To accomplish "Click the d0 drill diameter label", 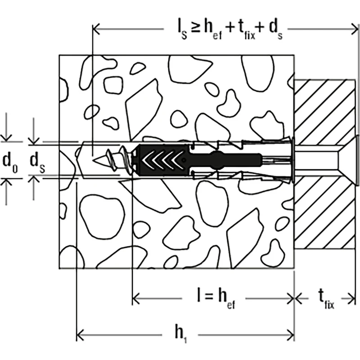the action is tap(10, 161).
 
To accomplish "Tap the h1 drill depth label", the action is tap(181, 334).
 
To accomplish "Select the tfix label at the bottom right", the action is tap(326, 298).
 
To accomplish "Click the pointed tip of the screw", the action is tap(94, 160).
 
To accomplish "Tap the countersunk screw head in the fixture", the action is tap(348, 161).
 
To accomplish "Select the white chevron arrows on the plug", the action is tap(162, 160).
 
